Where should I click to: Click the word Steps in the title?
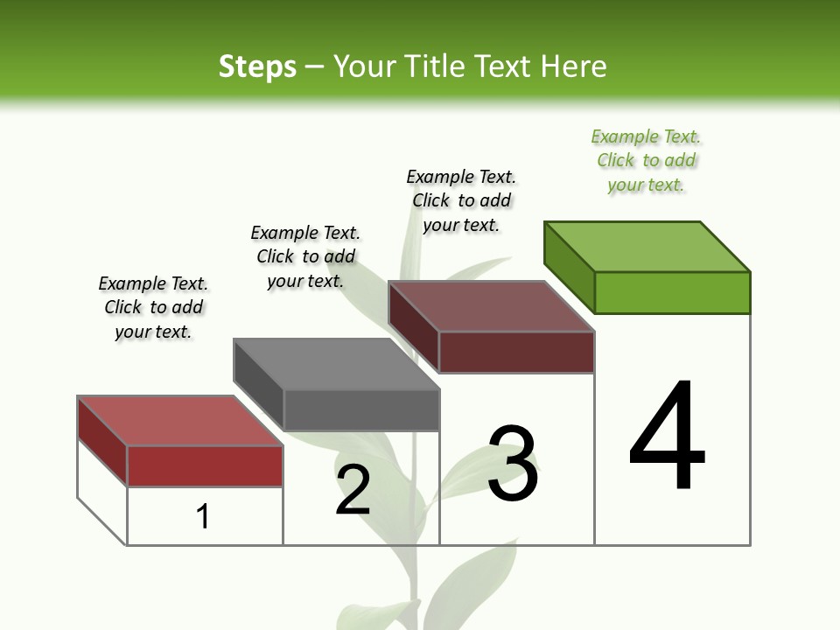257,66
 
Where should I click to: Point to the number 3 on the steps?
512,464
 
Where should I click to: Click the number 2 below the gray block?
353,490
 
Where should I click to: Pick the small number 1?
203,517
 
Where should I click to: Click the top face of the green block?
647,246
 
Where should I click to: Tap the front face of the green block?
672,292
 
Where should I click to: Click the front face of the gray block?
361,409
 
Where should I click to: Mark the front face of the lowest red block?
205,465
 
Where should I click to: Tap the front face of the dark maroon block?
516,352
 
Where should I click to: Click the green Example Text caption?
646,161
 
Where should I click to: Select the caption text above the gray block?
305,256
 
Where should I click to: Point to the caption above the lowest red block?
153,307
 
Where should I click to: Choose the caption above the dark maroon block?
461,200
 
